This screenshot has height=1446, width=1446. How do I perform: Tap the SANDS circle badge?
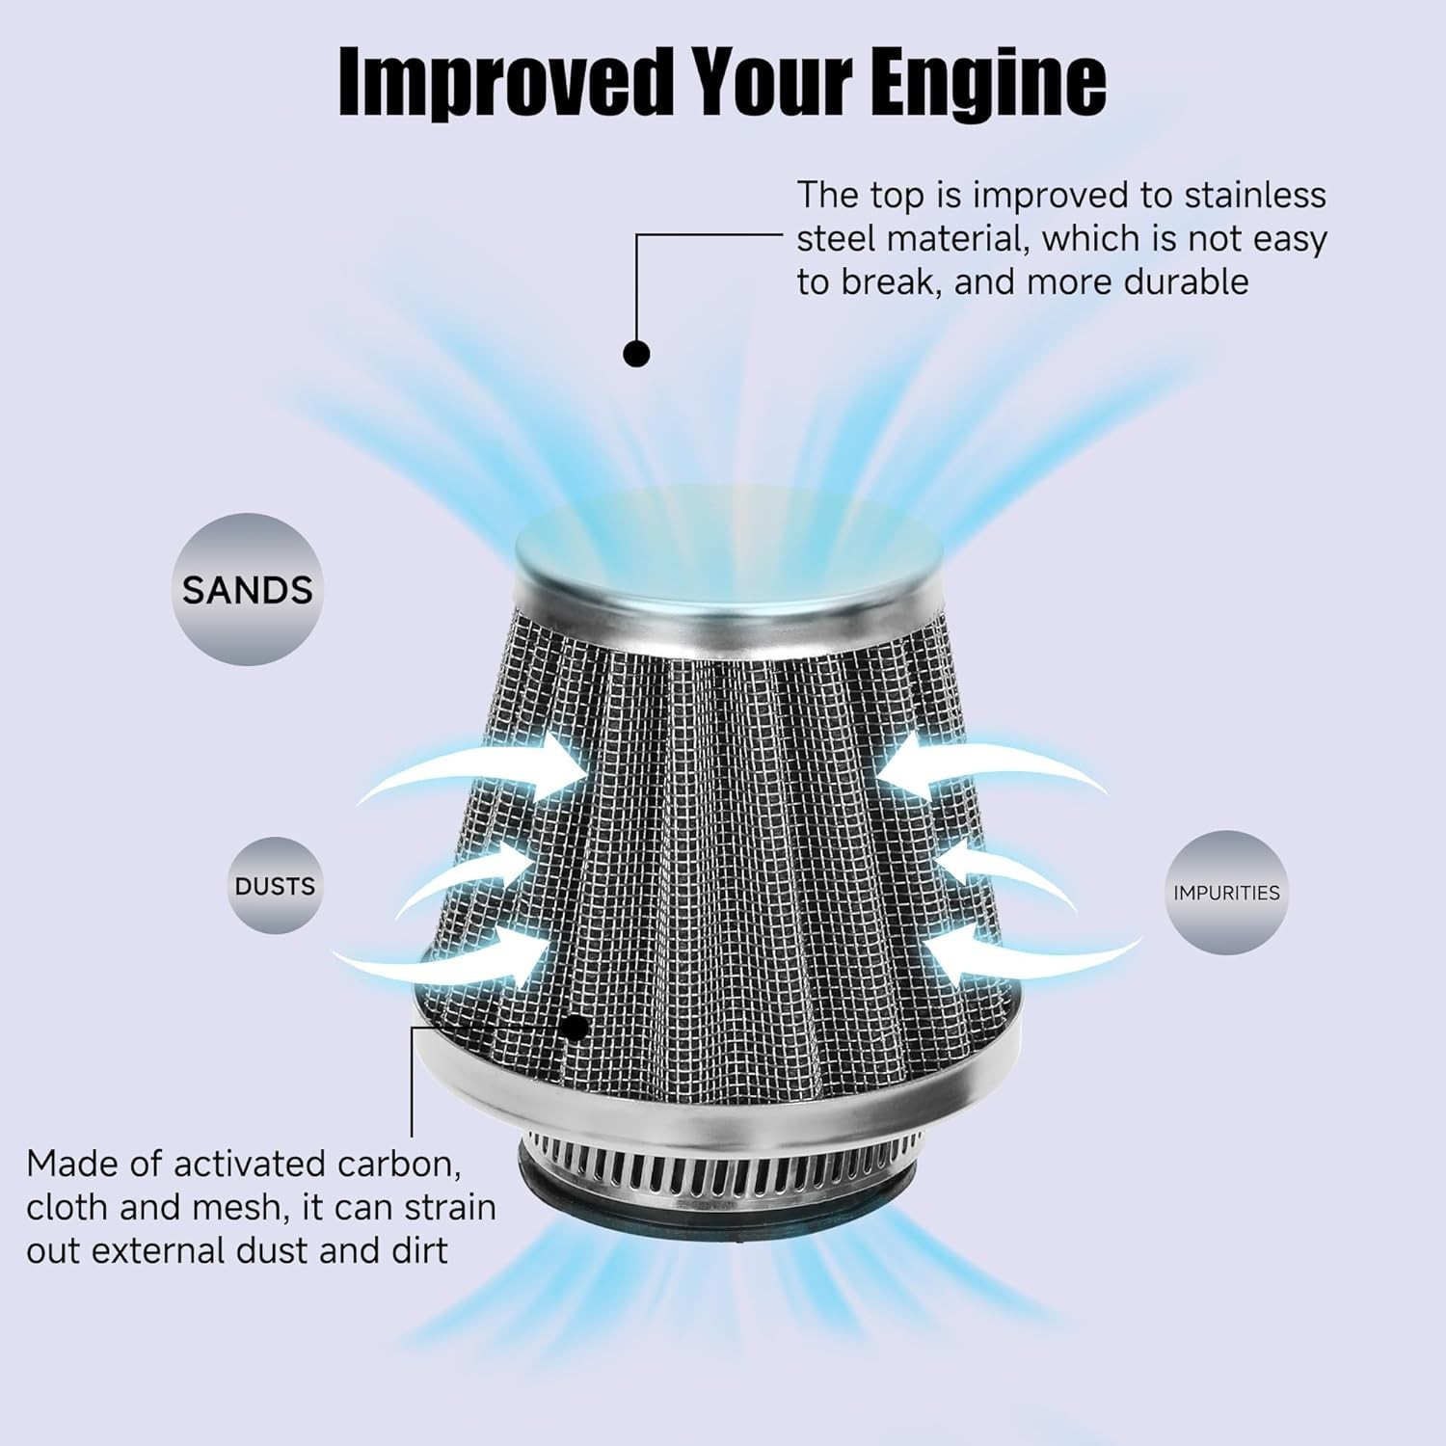coord(248,589)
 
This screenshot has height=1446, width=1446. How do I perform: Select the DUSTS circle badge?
coord(275,885)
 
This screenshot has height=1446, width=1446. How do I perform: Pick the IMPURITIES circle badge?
coord(1226,893)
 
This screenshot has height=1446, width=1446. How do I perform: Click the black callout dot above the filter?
coord(636,354)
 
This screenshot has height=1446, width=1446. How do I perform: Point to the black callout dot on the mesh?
coord(576,1027)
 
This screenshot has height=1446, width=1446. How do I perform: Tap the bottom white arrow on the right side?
coord(1027,954)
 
